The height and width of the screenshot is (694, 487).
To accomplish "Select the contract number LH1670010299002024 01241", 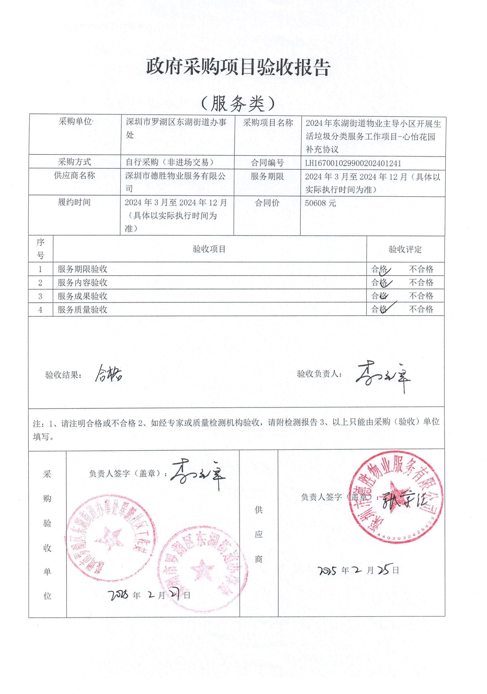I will tap(353, 163).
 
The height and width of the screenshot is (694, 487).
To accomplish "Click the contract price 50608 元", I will tap(320, 203).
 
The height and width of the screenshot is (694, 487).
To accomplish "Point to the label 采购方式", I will tap(74, 162).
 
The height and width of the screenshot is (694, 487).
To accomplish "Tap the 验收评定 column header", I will tap(405, 249).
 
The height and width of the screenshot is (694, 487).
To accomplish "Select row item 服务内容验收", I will tap(82, 283).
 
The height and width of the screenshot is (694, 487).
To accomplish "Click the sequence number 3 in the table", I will tap(40, 296).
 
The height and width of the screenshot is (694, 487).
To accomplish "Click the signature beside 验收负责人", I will tap(383, 376).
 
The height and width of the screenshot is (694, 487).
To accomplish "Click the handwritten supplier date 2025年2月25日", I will tap(358, 570).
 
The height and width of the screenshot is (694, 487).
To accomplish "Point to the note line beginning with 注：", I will tap(236, 429).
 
